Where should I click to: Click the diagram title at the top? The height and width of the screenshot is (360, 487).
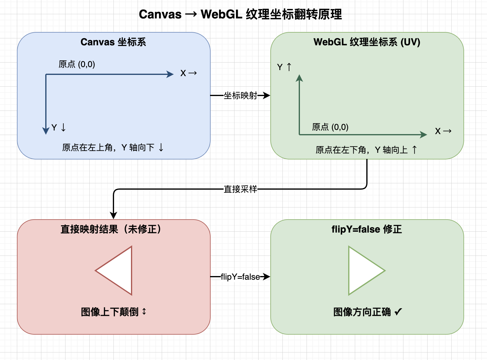tap(240, 14)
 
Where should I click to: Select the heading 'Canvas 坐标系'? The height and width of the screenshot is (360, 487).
tap(113, 42)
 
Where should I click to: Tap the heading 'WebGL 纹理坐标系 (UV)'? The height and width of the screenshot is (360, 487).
tap(367, 42)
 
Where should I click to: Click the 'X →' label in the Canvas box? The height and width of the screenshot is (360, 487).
tap(189, 73)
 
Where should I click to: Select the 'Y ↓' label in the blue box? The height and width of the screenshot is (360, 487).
tap(59, 127)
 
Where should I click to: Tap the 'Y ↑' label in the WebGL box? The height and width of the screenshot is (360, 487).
tap(284, 67)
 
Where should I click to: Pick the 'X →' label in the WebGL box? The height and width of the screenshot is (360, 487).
tap(443, 131)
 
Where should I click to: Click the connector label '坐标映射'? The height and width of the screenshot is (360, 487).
tap(240, 96)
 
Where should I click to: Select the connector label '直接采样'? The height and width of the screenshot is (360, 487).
tap(240, 189)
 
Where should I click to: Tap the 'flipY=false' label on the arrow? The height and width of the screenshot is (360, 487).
tap(240, 277)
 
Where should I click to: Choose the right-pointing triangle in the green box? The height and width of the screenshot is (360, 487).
tap(367, 271)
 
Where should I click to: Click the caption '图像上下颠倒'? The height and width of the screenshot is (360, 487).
tap(110, 312)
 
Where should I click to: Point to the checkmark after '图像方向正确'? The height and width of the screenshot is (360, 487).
tap(398, 312)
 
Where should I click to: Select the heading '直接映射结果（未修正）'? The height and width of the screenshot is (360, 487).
tap(111, 229)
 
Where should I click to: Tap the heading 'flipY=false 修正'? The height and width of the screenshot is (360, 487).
tap(367, 229)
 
